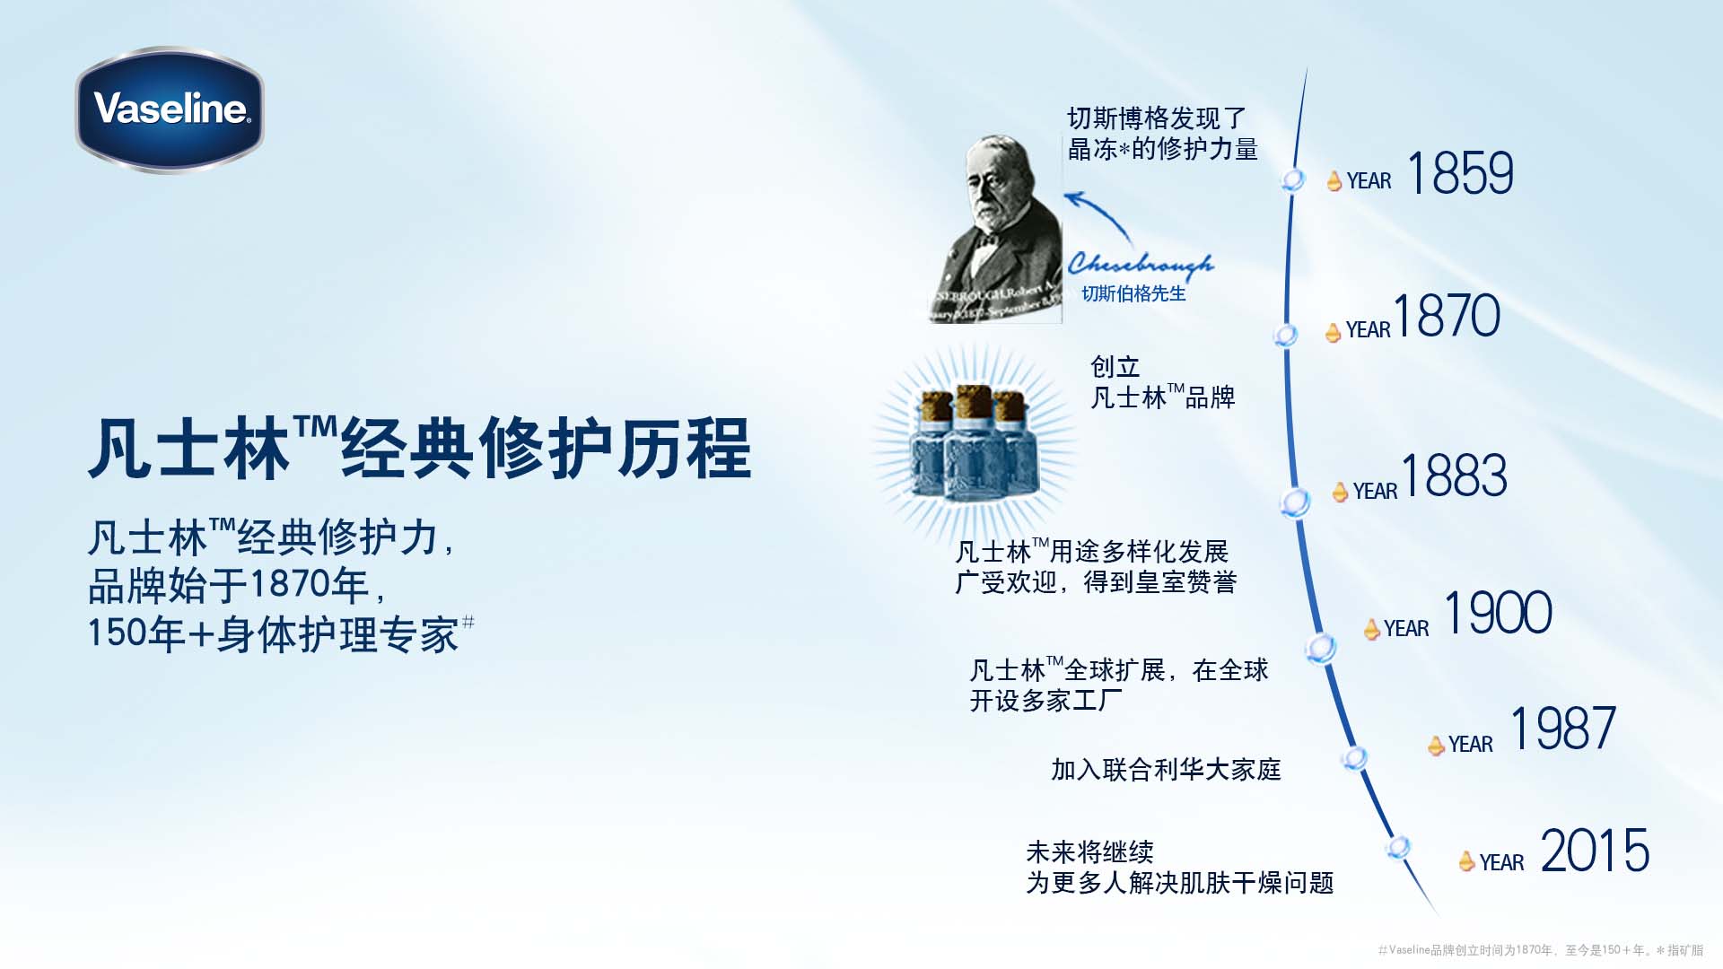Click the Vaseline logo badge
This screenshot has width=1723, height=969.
point(170,109)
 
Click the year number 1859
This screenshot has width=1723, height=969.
point(1460,173)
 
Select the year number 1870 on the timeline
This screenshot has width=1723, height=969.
point(1446,316)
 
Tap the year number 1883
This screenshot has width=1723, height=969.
point(1453,476)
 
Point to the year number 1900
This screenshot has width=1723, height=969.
point(1498,614)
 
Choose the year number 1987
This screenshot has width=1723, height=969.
point(1562,729)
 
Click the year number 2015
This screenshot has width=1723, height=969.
point(1595,851)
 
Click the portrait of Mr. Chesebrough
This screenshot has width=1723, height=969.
point(996,229)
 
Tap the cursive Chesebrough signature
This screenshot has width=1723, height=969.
point(1140,263)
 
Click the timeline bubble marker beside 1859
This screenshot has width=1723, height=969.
point(1293,179)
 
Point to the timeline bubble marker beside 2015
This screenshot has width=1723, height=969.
point(1397,847)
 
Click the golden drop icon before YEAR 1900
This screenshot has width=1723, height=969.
point(1371,630)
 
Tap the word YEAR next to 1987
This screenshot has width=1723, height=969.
point(1470,745)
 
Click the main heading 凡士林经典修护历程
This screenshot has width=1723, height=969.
point(419,449)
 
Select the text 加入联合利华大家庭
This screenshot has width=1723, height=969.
point(1166,770)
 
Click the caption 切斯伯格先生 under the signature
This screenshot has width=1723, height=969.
point(1133,294)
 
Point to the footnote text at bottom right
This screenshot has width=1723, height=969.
point(1540,950)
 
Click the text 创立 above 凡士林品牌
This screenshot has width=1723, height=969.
point(1115,367)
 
